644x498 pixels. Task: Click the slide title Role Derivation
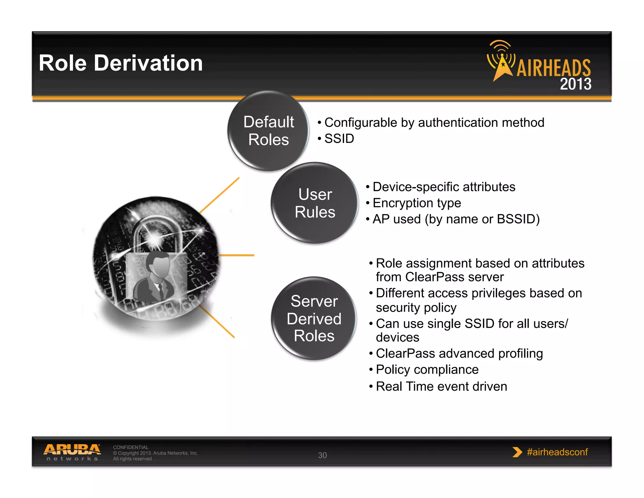coord(121,63)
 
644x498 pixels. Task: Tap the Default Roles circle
coord(268,131)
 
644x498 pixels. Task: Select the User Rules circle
coord(315,203)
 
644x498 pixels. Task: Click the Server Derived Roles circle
coord(314,318)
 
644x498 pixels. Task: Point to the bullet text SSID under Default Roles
coord(339,139)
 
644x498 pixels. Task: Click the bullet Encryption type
coord(417,203)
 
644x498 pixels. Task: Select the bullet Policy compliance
coord(427,370)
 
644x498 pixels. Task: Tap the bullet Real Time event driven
coord(441,386)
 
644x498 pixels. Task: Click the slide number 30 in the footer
coord(322,455)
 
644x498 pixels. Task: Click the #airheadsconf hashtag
coord(557,452)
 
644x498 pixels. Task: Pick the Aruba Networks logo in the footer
coord(72,452)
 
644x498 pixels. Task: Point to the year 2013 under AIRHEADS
coord(575,84)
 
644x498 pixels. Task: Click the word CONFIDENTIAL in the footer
coord(130,447)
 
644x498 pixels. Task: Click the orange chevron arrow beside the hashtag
coord(517,452)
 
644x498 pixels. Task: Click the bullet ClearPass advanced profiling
coord(459,354)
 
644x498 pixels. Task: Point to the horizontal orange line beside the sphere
coord(236,255)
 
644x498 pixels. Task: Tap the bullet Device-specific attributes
coord(444,187)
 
